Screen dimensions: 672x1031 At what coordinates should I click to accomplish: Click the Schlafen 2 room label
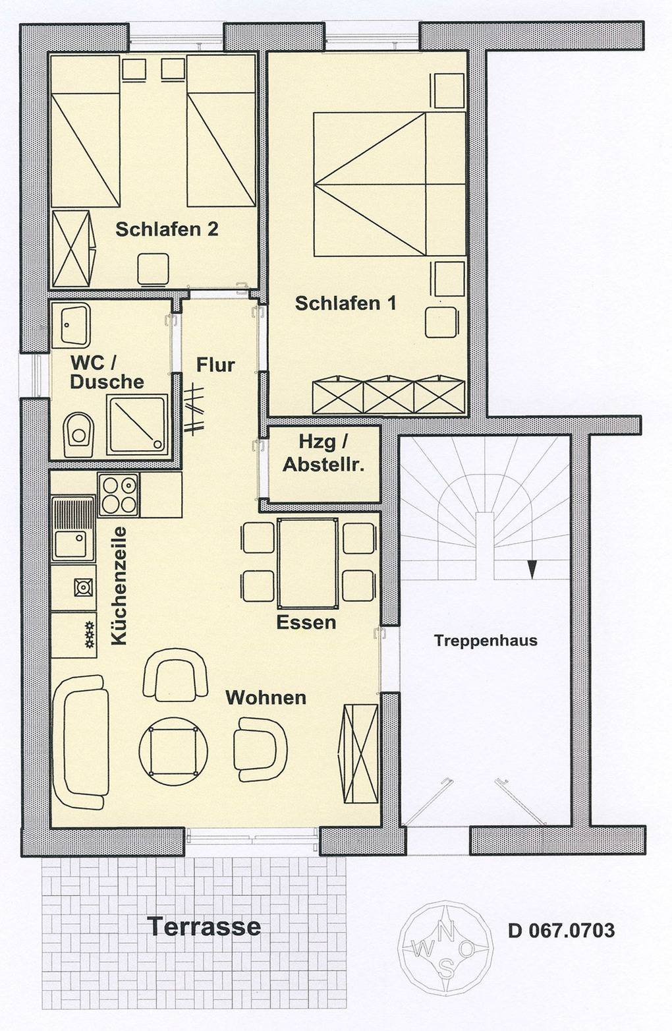167,229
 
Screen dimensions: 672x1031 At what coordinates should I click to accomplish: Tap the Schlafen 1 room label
345,303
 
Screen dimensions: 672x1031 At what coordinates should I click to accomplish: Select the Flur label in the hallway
215,365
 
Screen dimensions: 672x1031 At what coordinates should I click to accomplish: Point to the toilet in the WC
78,434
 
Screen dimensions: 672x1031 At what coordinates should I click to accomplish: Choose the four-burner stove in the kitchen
119,495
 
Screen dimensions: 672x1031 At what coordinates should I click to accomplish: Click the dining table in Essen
308,563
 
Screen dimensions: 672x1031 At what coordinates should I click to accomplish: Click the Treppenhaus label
486,641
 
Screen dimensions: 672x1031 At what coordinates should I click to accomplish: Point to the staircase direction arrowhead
532,570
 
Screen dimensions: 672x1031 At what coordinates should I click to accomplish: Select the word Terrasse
204,926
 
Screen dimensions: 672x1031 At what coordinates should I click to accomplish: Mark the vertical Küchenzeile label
119,585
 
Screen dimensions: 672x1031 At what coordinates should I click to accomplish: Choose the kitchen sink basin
70,545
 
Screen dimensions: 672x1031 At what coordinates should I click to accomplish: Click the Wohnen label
266,697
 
